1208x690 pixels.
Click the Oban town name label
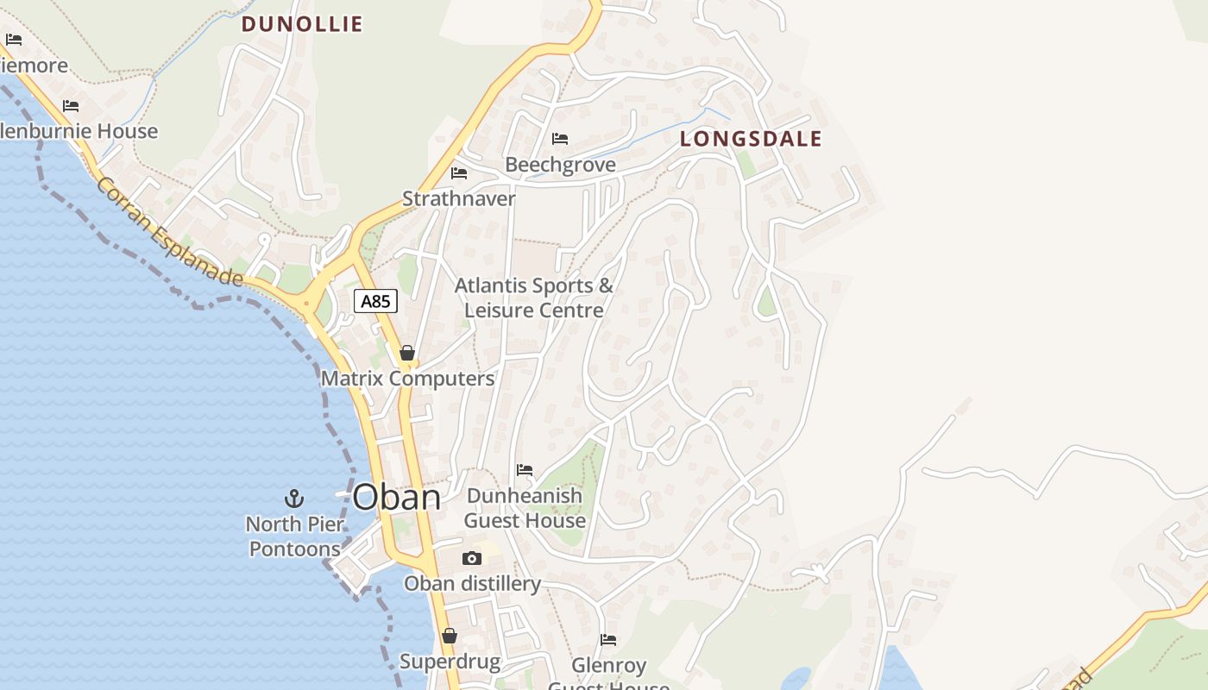pyautogui.click(x=397, y=498)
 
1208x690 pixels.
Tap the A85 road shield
pyautogui.click(x=375, y=301)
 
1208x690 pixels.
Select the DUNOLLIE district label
pyautogui.click(x=302, y=24)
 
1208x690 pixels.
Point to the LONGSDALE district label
pyautogui.click(x=751, y=139)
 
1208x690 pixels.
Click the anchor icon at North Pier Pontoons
pyautogui.click(x=294, y=499)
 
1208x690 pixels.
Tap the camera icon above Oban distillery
pyautogui.click(x=471, y=559)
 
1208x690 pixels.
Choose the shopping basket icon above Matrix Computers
pyautogui.click(x=407, y=353)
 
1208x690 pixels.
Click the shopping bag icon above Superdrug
pyautogui.click(x=450, y=637)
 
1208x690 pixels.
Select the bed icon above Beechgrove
pyautogui.click(x=560, y=139)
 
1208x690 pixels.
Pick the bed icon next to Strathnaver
pyautogui.click(x=459, y=173)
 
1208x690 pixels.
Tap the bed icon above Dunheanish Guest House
pyautogui.click(x=525, y=470)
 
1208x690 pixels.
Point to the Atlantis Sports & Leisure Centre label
pyautogui.click(x=534, y=298)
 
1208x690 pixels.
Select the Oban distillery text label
pyautogui.click(x=473, y=584)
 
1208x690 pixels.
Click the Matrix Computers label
pyautogui.click(x=408, y=379)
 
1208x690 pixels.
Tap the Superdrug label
pyautogui.click(x=450, y=662)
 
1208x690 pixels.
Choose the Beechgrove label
pyautogui.click(x=561, y=165)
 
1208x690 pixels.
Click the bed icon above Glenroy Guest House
pyautogui.click(x=608, y=640)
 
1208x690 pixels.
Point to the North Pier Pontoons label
pyautogui.click(x=295, y=536)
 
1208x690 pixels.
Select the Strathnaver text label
pyautogui.click(x=459, y=199)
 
